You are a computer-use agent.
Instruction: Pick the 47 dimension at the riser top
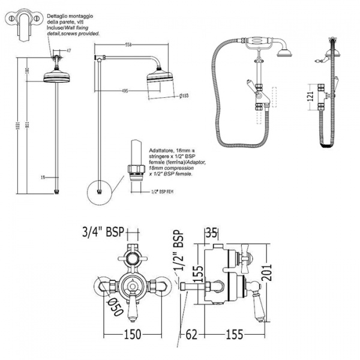pos(68,50)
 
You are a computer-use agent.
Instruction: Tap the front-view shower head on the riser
pos(58,76)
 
